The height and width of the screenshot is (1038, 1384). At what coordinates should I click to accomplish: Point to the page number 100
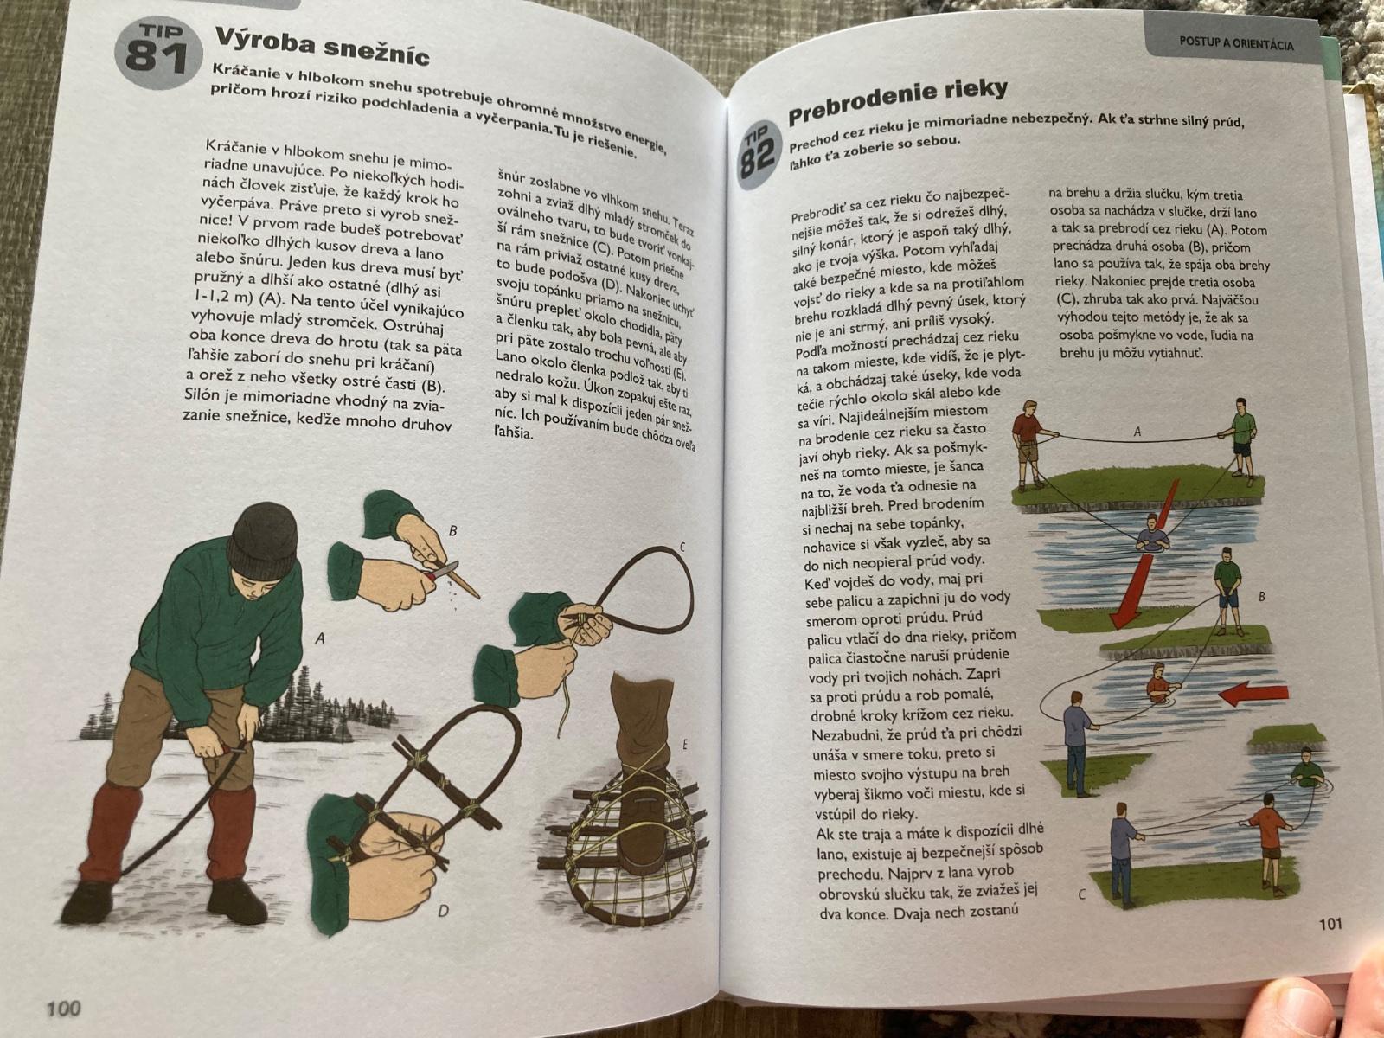pos(64,1008)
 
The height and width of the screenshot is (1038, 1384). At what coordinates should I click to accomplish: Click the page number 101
pos(1330,924)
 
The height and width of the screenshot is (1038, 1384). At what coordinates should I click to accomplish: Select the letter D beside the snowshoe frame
pos(443,911)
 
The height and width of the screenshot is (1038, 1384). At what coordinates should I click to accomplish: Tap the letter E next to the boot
pos(685,746)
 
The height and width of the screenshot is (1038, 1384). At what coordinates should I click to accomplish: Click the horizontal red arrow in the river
pos(1253,694)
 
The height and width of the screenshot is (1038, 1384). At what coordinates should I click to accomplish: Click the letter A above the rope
pos(1137,432)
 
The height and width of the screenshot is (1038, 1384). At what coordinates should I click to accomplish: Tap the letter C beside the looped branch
pos(682,548)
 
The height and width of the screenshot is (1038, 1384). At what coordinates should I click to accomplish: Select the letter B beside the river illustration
pos(1262,596)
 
